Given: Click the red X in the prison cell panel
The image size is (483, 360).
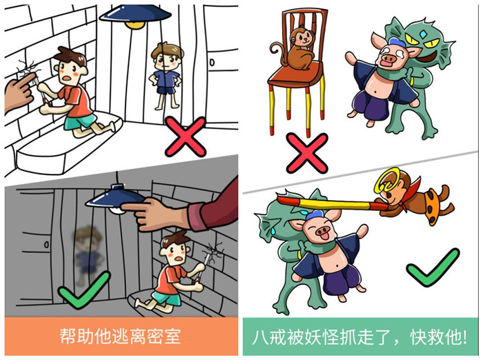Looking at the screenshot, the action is [186, 137].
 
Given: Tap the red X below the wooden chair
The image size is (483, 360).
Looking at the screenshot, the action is [307, 153].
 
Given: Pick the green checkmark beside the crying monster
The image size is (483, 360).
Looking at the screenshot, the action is [433, 268].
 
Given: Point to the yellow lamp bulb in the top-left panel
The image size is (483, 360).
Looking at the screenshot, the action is [135, 25].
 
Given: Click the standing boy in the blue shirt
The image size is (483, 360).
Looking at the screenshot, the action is [166, 76].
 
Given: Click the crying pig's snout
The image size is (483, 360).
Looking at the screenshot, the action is [388, 58].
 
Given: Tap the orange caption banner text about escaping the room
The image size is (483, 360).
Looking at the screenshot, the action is [120, 337].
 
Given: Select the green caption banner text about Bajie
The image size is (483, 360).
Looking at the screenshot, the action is [359, 337].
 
